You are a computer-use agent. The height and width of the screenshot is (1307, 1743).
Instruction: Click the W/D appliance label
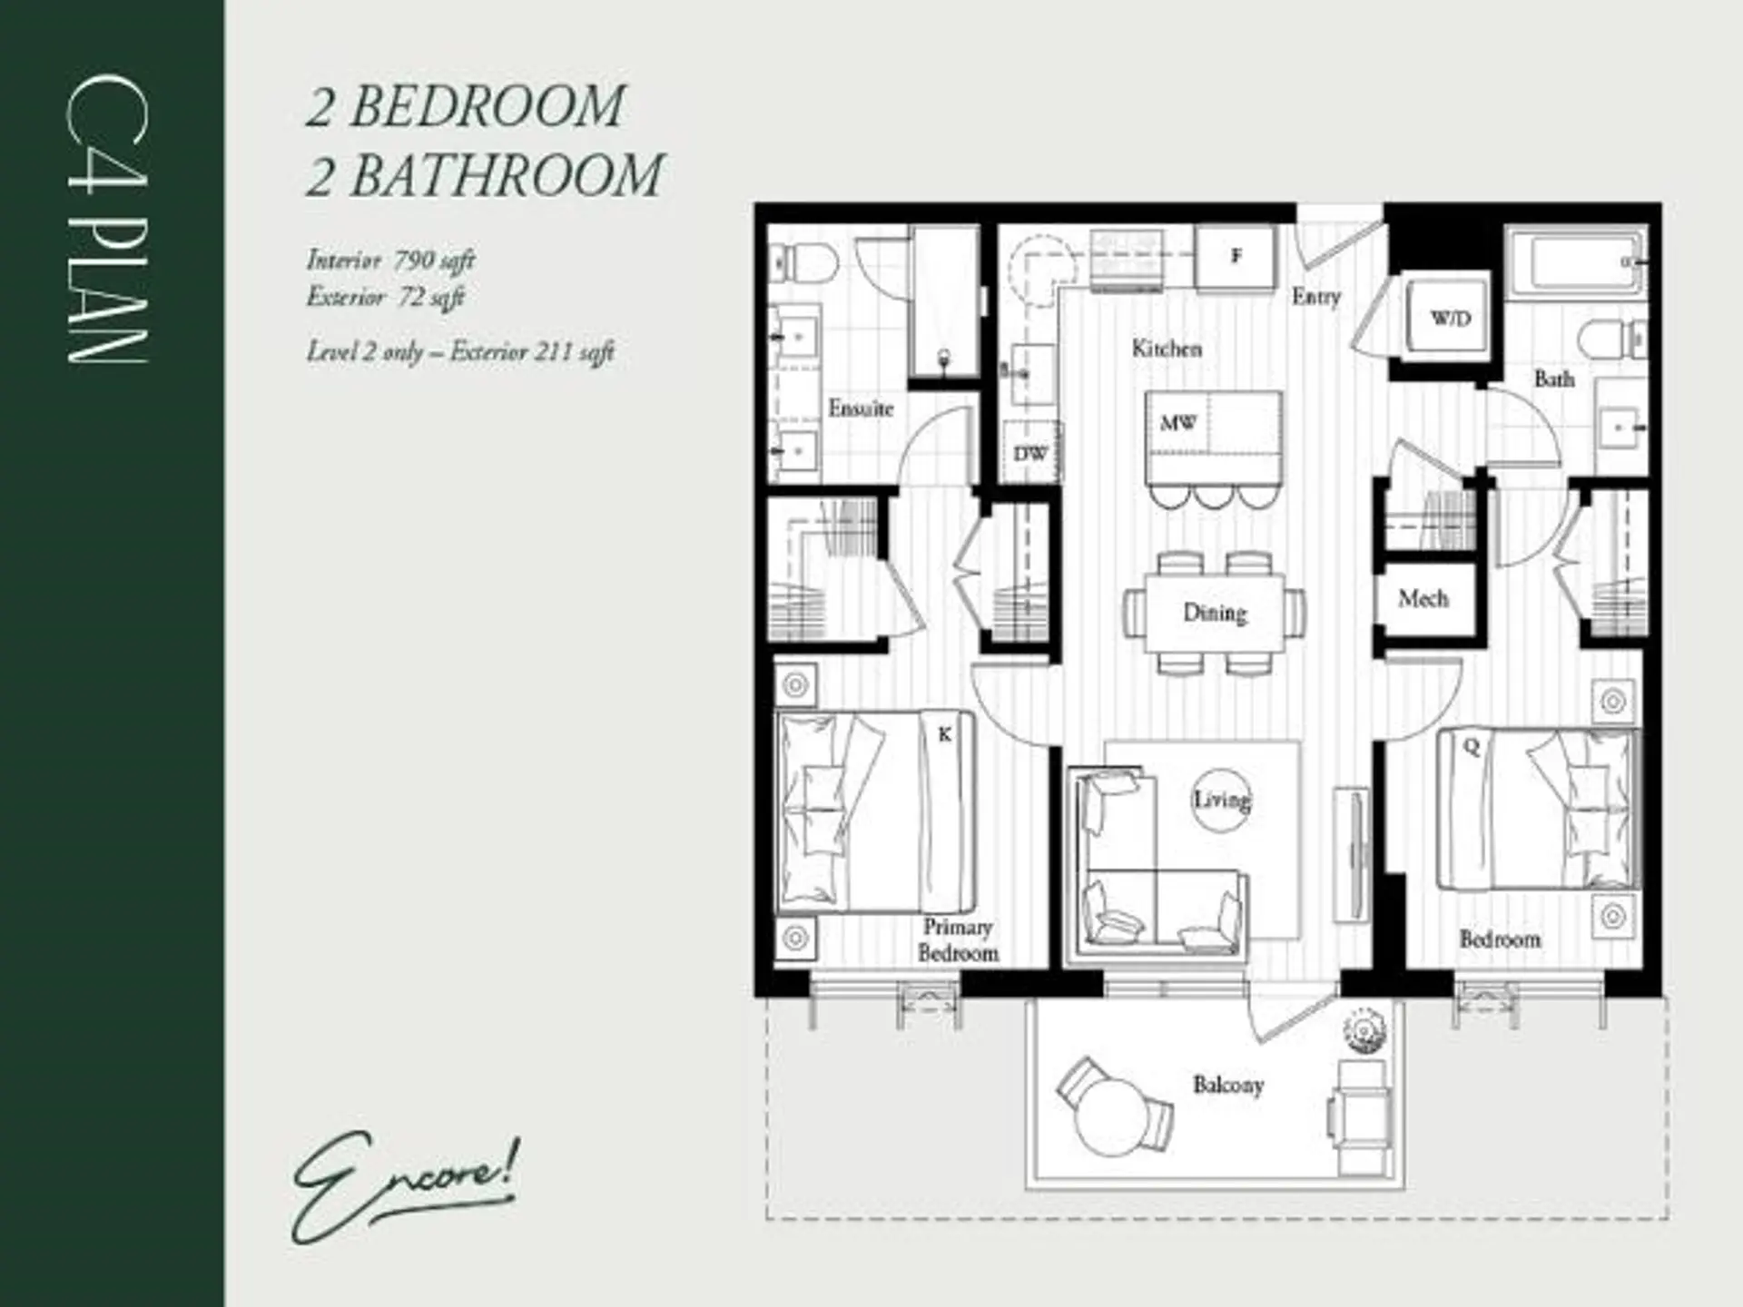click(1450, 319)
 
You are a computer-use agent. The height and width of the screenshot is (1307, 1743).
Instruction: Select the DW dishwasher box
click(1030, 453)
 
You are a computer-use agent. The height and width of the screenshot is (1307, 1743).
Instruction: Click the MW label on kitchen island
click(1177, 423)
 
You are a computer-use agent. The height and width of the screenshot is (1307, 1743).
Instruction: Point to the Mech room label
click(1423, 599)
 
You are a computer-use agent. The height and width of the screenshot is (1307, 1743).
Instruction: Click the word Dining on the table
click(1215, 613)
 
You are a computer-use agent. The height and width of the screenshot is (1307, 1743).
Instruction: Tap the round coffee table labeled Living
click(1221, 800)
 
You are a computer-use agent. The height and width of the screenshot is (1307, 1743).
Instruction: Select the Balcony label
click(1227, 1085)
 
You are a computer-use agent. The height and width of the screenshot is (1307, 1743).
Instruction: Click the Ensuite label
click(860, 408)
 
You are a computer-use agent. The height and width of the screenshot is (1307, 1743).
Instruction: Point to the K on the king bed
click(944, 734)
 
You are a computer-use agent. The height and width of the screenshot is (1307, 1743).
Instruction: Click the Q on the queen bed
click(1471, 747)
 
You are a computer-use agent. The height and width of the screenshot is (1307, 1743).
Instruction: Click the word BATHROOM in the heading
click(507, 175)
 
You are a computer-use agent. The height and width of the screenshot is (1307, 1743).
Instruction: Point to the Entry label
click(1315, 296)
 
